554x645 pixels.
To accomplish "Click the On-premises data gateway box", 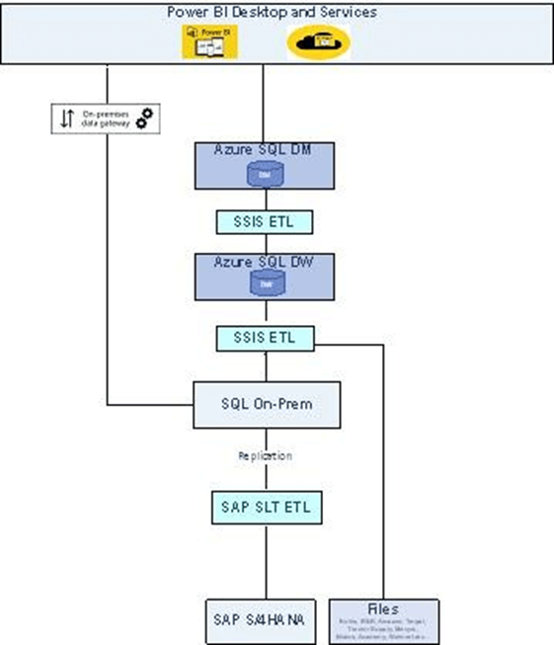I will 106,118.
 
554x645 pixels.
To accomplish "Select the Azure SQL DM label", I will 263,149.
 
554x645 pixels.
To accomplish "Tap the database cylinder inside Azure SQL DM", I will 263,174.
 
